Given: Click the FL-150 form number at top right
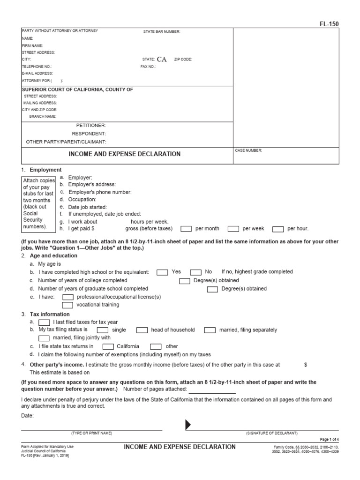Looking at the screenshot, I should pos(330,24).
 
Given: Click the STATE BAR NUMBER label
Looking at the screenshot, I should pos(161,32).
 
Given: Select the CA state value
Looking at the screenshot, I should pos(161,60).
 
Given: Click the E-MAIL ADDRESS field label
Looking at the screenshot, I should pos(37,74).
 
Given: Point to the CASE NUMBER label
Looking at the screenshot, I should pos(249,150).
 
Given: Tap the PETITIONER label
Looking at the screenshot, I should pos(91,126).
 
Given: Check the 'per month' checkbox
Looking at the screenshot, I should pos(186,229).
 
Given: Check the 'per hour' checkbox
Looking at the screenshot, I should pos(278,229).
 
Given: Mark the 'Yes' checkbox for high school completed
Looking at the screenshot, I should pos(162,272).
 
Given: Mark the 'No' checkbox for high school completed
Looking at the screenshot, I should pos(195,272).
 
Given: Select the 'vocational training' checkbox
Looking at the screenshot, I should pos(68,305).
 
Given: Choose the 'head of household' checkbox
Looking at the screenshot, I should pos(142,330).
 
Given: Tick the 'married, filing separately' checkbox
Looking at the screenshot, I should pos(210,330).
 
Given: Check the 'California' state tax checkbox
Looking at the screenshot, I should pos(108,347).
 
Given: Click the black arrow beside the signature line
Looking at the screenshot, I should pos(188,425).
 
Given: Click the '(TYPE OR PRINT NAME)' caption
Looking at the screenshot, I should pos(91,433).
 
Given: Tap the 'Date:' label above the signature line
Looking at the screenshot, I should pos(28,416).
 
